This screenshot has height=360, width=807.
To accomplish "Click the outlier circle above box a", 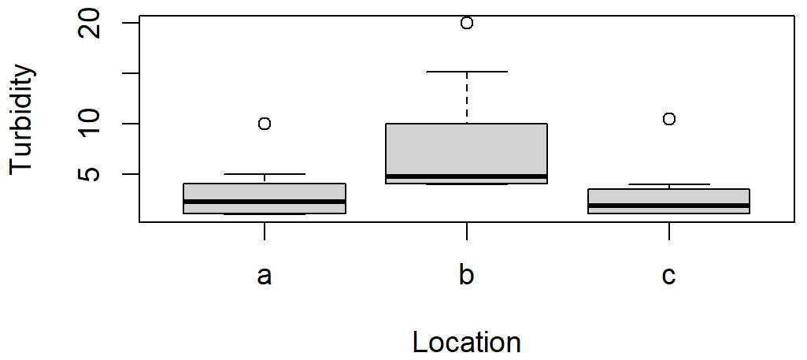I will coord(265,124).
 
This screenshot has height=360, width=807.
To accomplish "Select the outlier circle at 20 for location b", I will coord(467,23).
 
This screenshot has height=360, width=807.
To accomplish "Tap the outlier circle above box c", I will coord(669,119).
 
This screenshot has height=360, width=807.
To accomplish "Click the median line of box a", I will coord(265,202).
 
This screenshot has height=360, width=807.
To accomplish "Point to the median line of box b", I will coord(467,176).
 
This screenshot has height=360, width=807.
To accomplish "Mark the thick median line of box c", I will coord(669,206).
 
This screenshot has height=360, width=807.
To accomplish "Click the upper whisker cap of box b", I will coord(467,72).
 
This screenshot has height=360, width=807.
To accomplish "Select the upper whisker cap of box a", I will coord(265,174).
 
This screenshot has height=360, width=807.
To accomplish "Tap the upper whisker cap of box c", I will coord(669,184).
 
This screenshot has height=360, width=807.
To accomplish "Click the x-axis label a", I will coord(265,276).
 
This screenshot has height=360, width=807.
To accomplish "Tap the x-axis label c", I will coord(669,276).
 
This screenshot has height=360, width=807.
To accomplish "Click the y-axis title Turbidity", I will coord(24,119).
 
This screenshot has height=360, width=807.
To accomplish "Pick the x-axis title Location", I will coord(467,343).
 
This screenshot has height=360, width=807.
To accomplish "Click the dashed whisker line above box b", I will coord(467,98).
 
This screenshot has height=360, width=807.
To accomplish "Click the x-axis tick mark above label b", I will coord(467,232).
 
